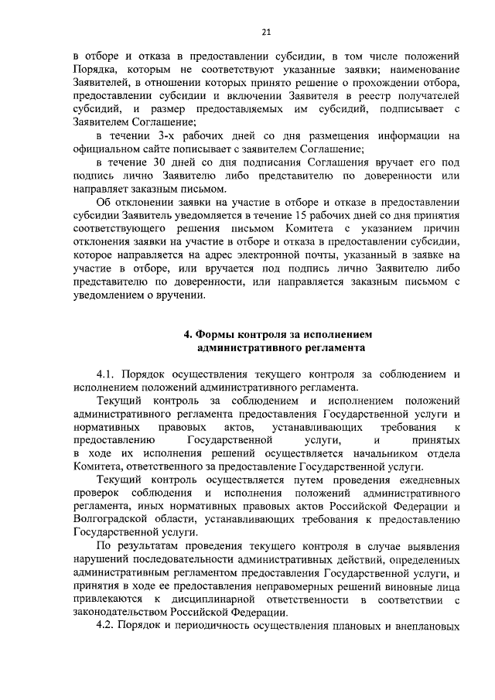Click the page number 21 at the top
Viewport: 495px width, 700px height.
pyautogui.click(x=266, y=32)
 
